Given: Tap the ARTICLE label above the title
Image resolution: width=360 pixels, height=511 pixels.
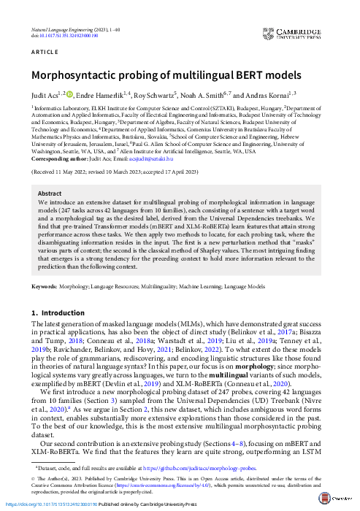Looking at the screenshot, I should (43, 53).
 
